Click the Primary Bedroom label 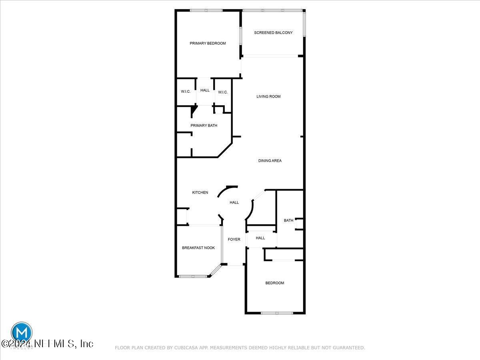208,43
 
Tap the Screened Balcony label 273,33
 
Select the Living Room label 268,96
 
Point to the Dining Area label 270,161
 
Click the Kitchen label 200,193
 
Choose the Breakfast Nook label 198,248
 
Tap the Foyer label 234,240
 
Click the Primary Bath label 204,126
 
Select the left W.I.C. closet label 186,92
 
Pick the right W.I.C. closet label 223,92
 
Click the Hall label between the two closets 205,90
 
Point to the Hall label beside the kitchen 234,202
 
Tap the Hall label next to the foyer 260,238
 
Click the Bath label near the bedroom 288,220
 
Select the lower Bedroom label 275,283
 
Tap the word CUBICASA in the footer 185,348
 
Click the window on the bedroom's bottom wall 277,312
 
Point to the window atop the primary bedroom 206,10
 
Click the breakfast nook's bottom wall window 193,276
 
